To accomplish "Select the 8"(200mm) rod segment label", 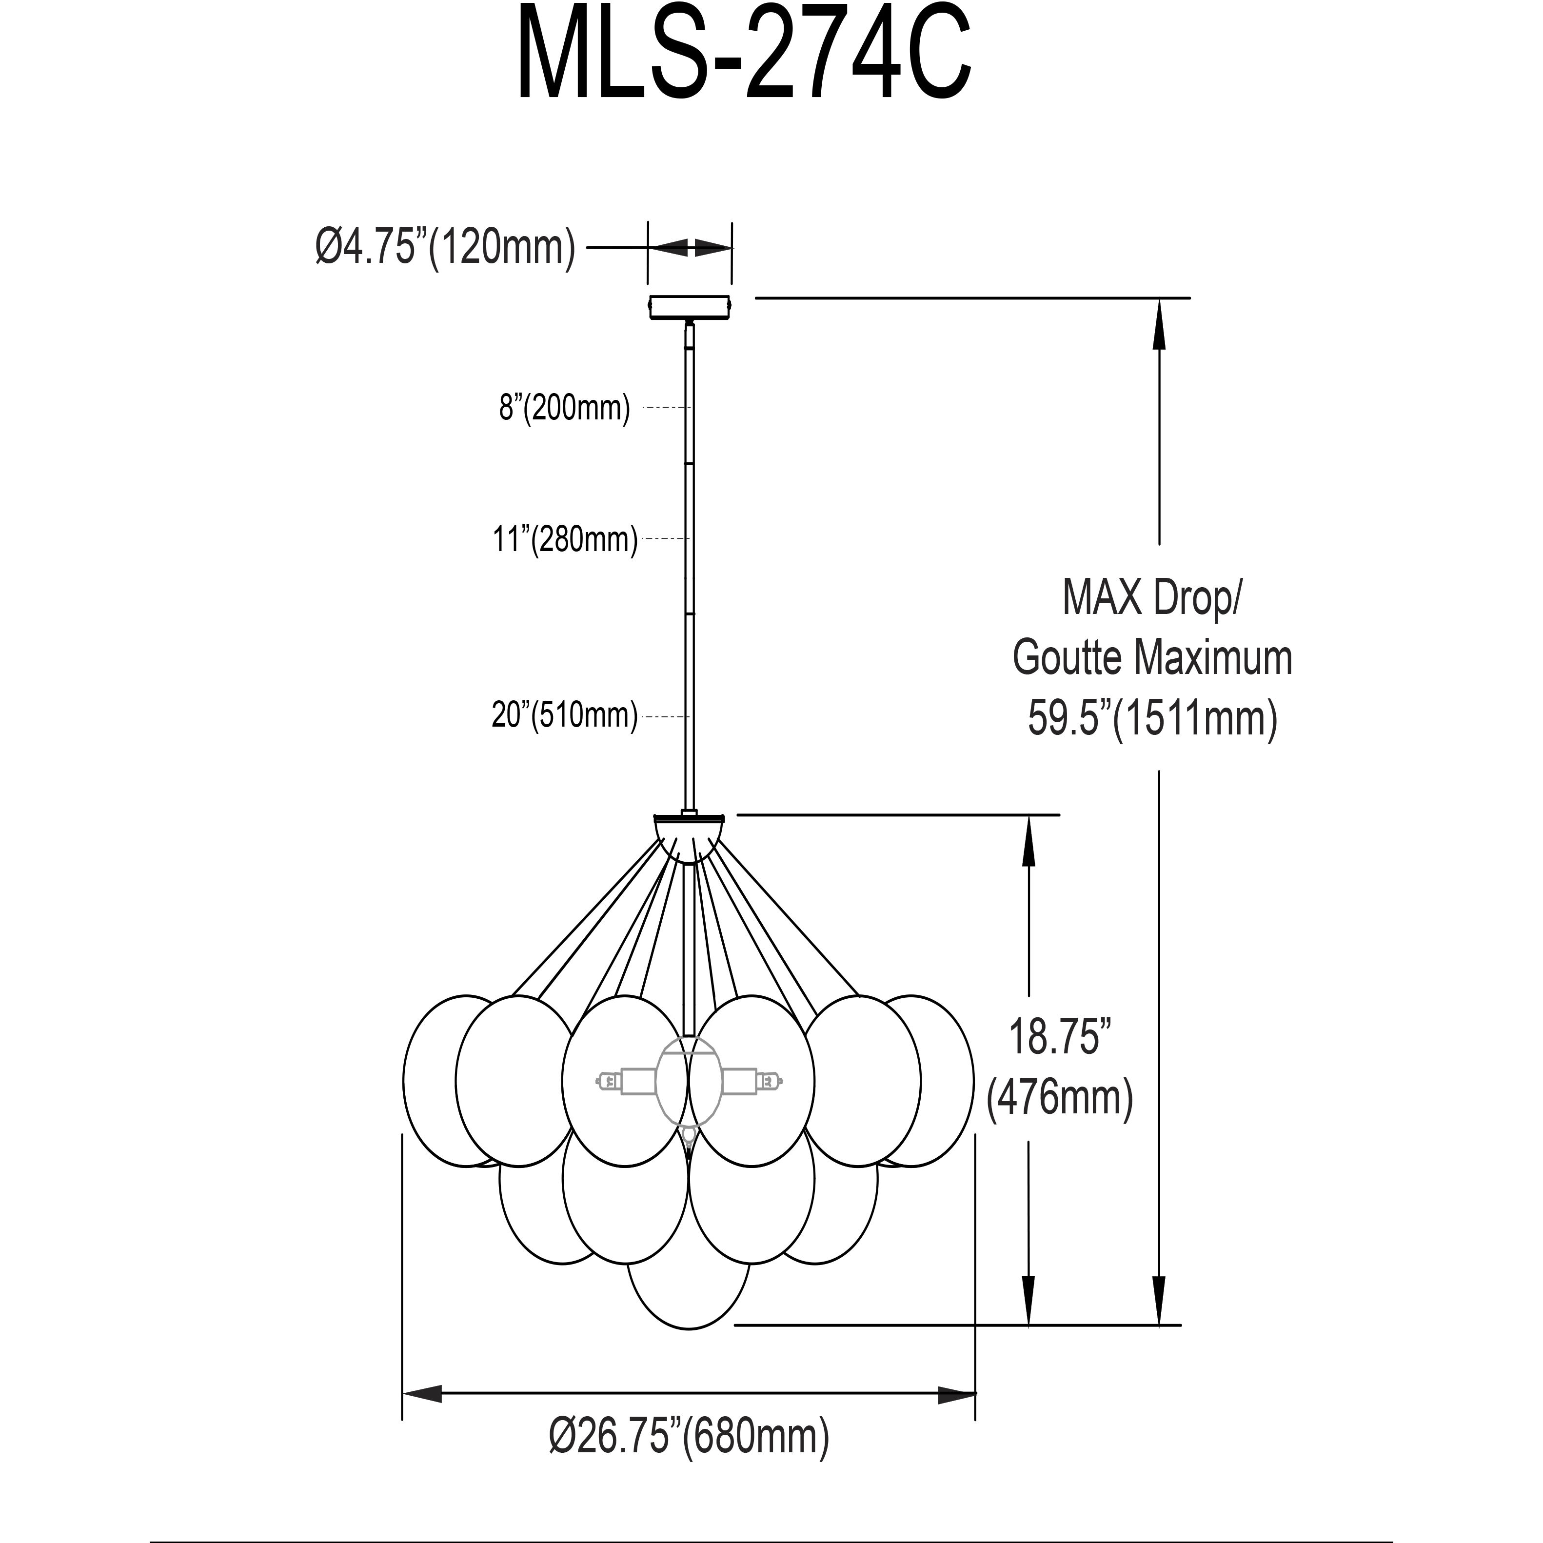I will [x=565, y=408].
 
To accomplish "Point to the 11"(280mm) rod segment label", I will [x=565, y=540].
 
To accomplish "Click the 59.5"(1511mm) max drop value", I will [x=1152, y=717].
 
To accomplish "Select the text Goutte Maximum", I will [x=1152, y=658].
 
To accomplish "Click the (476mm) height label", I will [x=1060, y=1099].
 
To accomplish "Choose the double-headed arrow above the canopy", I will [x=689, y=248].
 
